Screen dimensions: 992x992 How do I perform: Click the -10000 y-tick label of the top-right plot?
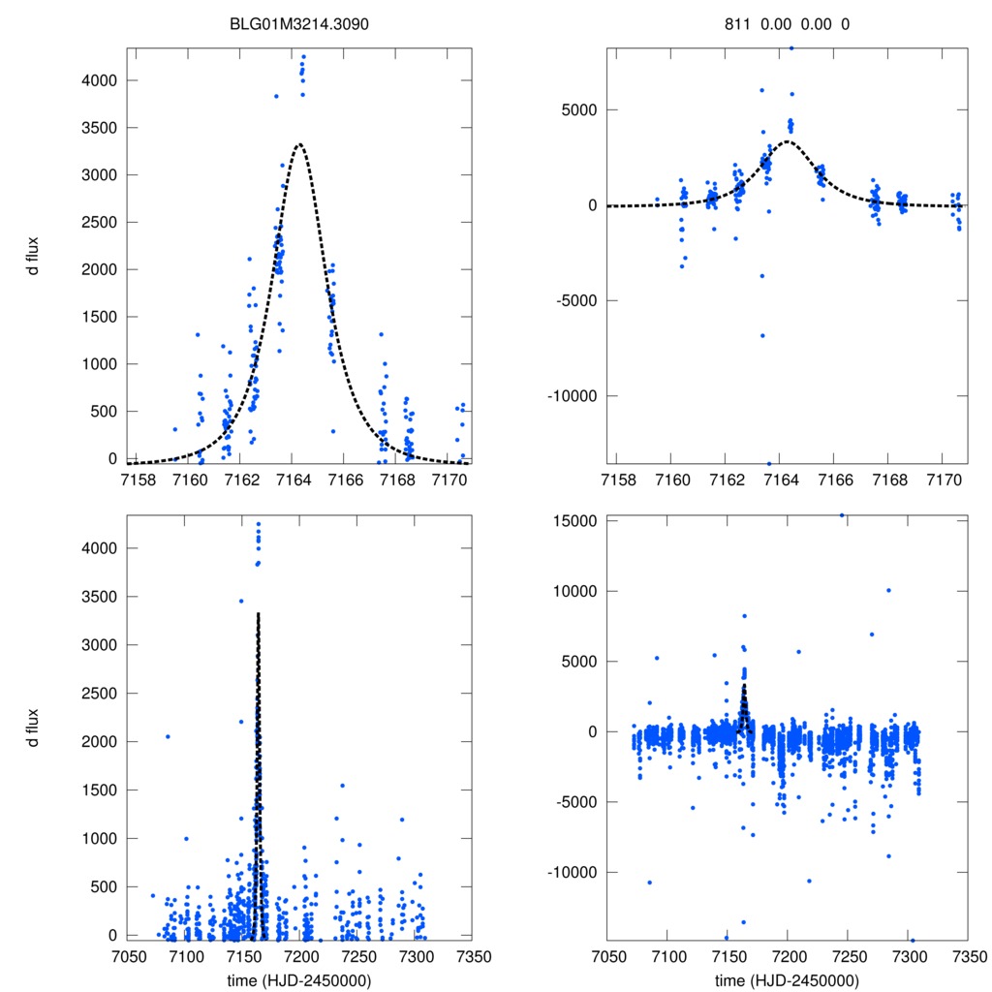(570, 396)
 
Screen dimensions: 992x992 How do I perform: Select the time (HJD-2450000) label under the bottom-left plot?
(300, 979)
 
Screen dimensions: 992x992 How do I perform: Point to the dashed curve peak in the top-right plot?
(788, 141)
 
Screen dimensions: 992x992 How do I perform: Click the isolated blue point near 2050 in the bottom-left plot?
(168, 736)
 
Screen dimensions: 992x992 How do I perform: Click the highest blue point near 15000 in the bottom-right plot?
(842, 515)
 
